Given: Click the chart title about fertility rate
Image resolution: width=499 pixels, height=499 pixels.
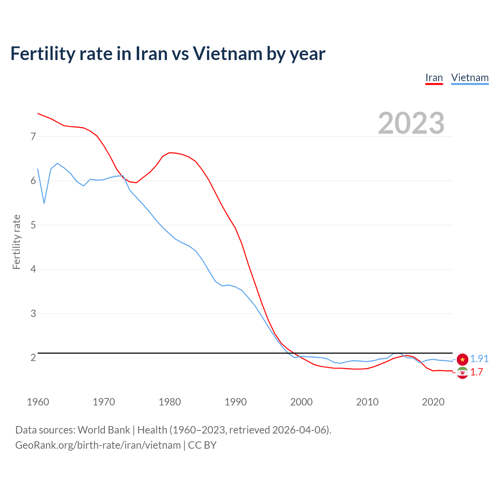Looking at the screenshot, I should [x=168, y=54].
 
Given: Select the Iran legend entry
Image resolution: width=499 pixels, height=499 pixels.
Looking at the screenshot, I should [x=434, y=78].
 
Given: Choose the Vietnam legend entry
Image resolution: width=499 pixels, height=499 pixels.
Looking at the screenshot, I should [x=470, y=78].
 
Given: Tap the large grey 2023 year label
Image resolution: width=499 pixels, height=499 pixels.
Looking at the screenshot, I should [x=411, y=123].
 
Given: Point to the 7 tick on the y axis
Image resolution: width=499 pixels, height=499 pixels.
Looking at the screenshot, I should [x=33, y=136].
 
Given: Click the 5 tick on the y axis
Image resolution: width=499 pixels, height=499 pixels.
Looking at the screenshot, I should [x=33, y=225].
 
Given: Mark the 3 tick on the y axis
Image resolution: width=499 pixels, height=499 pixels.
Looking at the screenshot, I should [x=33, y=313].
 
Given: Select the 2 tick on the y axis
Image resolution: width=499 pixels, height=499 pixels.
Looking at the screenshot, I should [x=33, y=357].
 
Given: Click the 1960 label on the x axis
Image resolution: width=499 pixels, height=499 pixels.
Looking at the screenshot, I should [x=38, y=402].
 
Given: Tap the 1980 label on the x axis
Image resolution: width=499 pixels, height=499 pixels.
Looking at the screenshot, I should [x=170, y=402].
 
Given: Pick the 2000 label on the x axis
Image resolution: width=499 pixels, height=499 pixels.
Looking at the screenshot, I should [x=301, y=402].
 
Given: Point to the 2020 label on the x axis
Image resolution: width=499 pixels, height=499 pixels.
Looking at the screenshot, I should [x=433, y=402].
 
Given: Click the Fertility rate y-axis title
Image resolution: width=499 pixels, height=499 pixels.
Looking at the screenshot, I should [x=16, y=242].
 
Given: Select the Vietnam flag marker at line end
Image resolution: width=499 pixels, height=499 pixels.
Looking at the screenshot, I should [x=462, y=359].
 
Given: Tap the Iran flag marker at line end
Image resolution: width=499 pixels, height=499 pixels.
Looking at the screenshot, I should [x=462, y=373].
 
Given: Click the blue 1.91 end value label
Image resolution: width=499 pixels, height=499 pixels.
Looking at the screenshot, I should [x=479, y=359].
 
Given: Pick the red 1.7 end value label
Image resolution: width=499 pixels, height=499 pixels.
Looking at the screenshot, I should [x=476, y=372].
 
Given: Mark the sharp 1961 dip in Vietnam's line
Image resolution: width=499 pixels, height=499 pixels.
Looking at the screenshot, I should [x=44, y=203].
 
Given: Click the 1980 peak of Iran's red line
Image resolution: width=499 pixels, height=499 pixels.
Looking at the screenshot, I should [x=169, y=152].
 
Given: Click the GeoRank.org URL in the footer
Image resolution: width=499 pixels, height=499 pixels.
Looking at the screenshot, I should [x=98, y=445].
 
